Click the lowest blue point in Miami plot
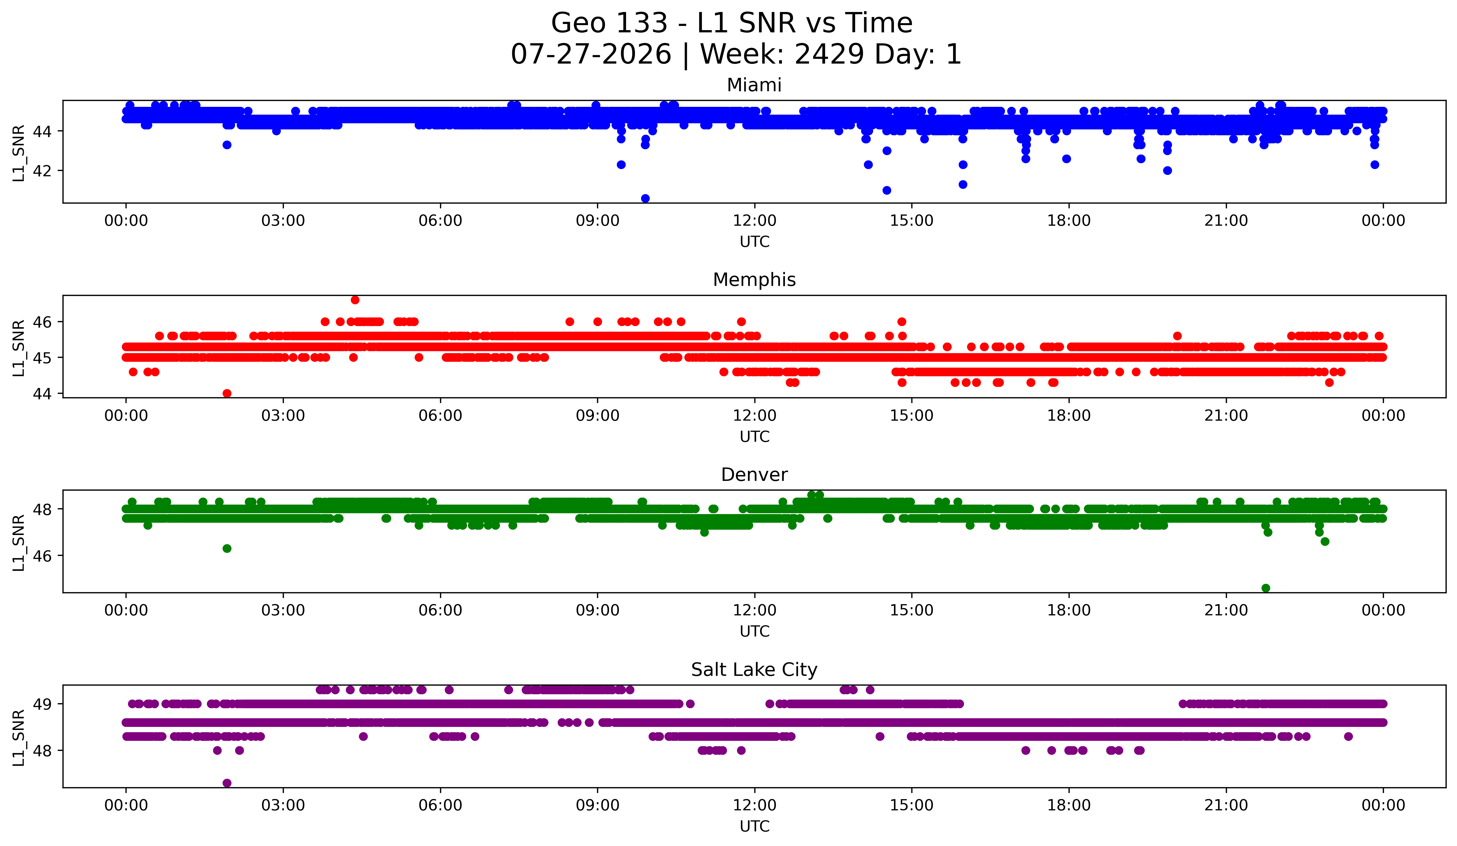click(x=645, y=198)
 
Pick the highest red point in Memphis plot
click(x=355, y=300)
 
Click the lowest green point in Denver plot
click(x=1266, y=588)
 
